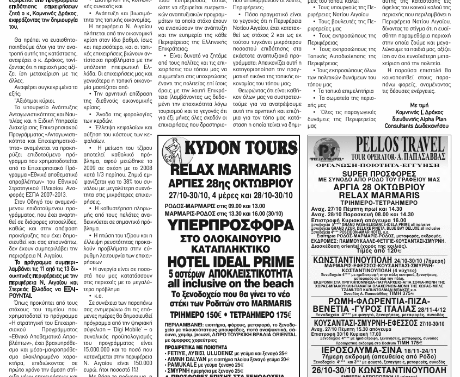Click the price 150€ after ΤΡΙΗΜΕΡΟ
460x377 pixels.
tap(212, 315)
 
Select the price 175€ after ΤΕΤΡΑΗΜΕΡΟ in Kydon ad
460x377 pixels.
tap(278, 315)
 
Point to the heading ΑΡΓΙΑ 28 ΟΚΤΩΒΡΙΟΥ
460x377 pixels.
tap(379, 187)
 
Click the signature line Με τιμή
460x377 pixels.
tap(419, 105)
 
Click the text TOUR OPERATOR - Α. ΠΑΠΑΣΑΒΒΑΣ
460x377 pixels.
tap(398, 156)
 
